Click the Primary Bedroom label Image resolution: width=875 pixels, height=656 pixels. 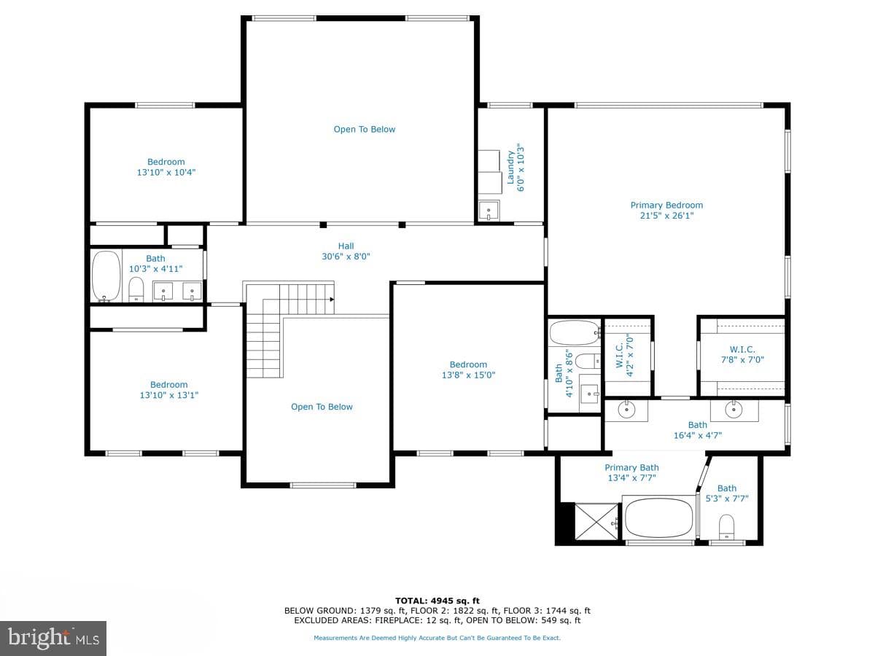point(666,211)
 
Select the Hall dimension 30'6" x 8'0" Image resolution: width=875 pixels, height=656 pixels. point(346,257)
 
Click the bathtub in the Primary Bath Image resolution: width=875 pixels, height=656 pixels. point(658,519)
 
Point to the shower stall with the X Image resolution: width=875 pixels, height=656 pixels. point(596,522)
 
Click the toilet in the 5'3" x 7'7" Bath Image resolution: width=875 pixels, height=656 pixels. point(726,527)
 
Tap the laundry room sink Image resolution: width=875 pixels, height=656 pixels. point(489,211)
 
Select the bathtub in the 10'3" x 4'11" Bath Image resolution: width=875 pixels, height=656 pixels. point(106,276)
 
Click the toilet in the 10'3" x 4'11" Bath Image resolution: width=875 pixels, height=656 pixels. point(136,289)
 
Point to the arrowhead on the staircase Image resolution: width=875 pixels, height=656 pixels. point(332,299)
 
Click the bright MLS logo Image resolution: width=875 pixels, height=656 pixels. point(53,638)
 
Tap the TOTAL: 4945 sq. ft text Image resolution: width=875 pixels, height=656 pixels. point(437,601)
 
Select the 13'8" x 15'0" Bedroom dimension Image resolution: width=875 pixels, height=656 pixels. point(468,375)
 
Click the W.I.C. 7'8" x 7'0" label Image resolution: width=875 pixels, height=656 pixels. point(742,354)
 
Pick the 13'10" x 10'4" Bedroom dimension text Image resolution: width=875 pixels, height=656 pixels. point(166,173)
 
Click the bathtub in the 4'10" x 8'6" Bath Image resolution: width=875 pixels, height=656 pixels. point(575,332)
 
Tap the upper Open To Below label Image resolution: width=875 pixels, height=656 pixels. point(365,130)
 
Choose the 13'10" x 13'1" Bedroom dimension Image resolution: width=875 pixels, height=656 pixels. point(169,395)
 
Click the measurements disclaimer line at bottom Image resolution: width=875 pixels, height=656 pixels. point(437,638)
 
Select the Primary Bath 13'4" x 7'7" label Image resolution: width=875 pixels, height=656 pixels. point(631,472)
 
